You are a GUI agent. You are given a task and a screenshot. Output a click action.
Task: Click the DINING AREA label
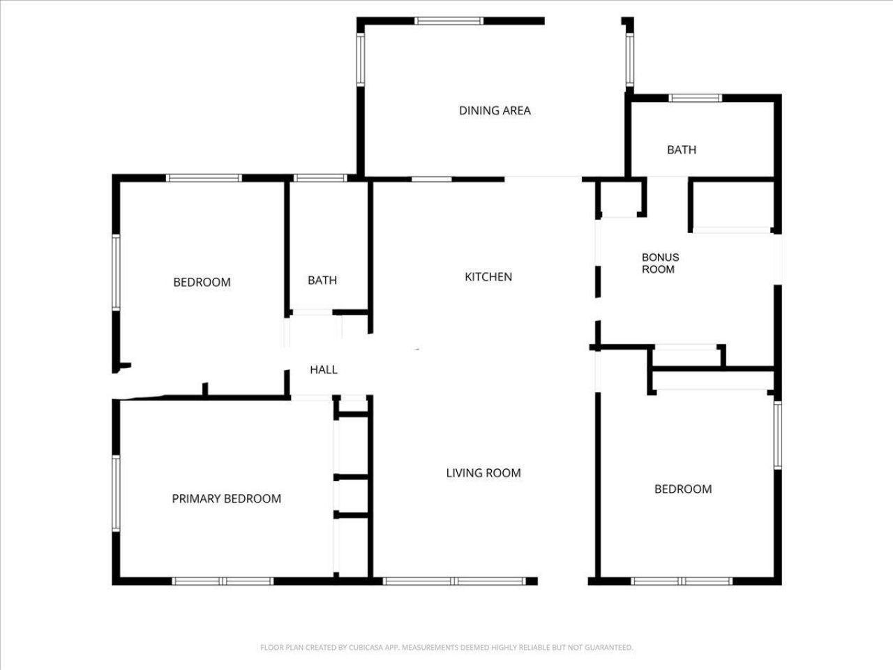pyautogui.click(x=495, y=110)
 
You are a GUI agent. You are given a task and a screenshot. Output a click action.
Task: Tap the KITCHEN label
pyautogui.click(x=488, y=277)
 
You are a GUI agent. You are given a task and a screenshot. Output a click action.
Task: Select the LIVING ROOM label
pyautogui.click(x=483, y=473)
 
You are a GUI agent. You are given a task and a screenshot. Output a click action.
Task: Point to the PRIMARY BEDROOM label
pyautogui.click(x=226, y=499)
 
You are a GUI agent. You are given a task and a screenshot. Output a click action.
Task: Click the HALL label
pyautogui.click(x=324, y=370)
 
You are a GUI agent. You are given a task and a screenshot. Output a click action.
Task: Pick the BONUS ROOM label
pyautogui.click(x=659, y=263)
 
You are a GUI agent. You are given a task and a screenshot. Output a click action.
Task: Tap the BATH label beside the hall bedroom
pyautogui.click(x=322, y=281)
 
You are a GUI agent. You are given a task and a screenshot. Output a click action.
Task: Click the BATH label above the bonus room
pyautogui.click(x=682, y=150)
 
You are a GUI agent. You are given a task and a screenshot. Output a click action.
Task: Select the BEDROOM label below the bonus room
pyautogui.click(x=683, y=489)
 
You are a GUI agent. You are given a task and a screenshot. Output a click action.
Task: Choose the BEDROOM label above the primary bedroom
pyautogui.click(x=202, y=283)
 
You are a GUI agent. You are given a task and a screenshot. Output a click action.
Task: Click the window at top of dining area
pyautogui.click(x=449, y=21)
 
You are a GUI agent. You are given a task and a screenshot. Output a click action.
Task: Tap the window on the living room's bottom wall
pyautogui.click(x=453, y=581)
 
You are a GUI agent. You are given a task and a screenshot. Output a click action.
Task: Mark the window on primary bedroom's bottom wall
pyautogui.click(x=223, y=581)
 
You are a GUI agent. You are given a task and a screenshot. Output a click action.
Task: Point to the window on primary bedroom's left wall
pyautogui.click(x=116, y=493)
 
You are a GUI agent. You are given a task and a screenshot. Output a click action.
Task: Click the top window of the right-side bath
pyautogui.click(x=696, y=98)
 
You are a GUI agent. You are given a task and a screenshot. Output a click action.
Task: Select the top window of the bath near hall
pyautogui.click(x=320, y=178)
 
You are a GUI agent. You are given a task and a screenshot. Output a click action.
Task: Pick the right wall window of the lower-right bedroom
pyautogui.click(x=777, y=435)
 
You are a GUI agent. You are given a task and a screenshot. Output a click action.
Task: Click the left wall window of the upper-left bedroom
pyautogui.click(x=116, y=272)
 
